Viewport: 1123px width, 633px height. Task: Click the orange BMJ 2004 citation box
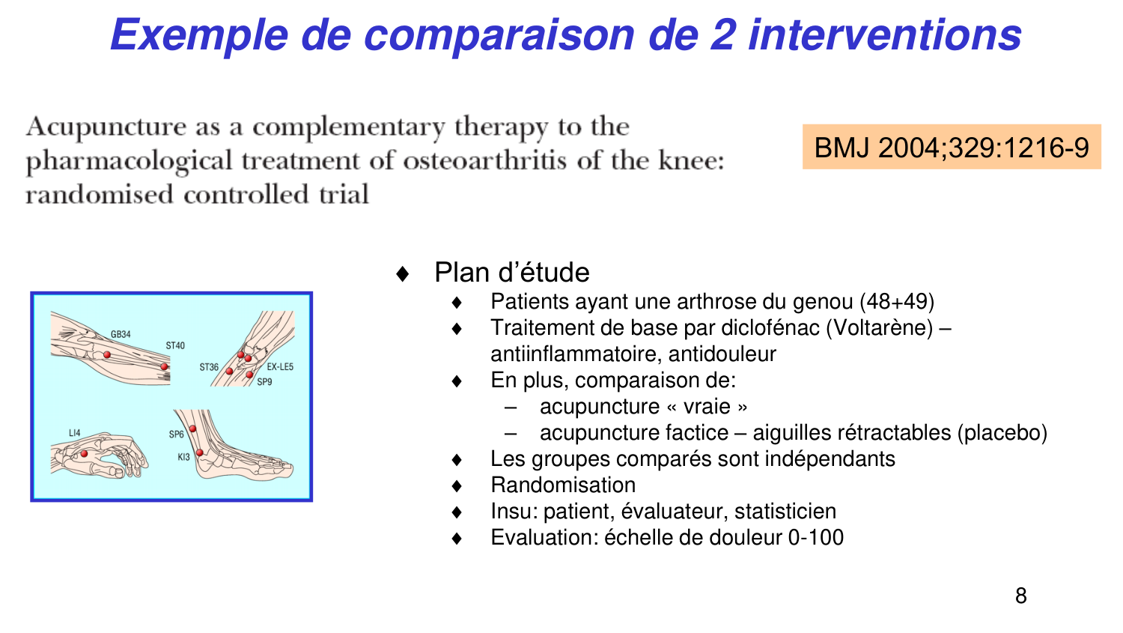951,147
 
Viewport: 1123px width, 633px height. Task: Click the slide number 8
1020,596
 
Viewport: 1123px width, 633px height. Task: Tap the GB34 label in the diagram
121,334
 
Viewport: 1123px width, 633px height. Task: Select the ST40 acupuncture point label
175,345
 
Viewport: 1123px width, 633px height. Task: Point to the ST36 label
209,367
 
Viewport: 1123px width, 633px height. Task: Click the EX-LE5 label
280,367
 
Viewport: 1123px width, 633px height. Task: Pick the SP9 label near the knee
264,382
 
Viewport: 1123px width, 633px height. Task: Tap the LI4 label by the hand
74,433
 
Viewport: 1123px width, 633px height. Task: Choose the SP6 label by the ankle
176,434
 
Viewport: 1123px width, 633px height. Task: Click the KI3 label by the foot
183,456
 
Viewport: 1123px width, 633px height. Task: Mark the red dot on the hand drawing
84,454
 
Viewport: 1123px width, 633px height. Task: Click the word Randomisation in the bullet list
563,485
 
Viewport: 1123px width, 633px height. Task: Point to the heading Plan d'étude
511,272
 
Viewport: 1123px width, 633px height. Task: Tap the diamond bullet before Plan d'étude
403,273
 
